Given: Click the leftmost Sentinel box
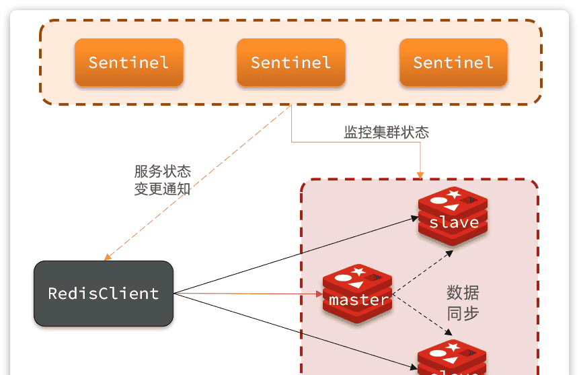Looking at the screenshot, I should point(128,63).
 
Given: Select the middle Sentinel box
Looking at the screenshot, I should point(291,63).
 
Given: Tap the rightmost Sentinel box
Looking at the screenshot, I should point(453,63).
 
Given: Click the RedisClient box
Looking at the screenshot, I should point(104,294).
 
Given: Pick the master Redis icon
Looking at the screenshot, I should point(357,294).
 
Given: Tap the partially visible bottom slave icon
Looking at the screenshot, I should point(452,360).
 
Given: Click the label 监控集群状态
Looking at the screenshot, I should point(386,133).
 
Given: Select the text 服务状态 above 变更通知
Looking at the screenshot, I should point(162,172).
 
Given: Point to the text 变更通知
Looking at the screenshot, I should point(162,189).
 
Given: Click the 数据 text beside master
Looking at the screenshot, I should point(463,293).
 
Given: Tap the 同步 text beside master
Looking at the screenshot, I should point(463,313).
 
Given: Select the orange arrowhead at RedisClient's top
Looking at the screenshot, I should point(107,257).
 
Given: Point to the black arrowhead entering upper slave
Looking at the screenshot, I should point(415,217).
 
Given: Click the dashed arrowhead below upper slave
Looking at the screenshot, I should point(451,252).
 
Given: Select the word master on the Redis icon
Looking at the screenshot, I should point(358,300).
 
